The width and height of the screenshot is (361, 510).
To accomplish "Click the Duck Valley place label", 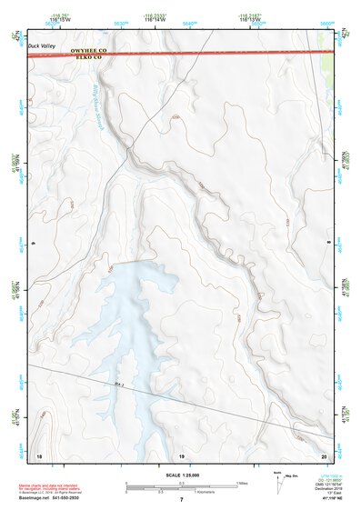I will tap(42, 44).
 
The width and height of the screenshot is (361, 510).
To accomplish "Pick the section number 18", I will tap(38, 454).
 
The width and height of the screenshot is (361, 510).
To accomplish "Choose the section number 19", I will tap(181, 454).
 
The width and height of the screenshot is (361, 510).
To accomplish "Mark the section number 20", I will tap(324, 454).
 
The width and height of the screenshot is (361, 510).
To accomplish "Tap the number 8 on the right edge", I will tap(328, 244).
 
